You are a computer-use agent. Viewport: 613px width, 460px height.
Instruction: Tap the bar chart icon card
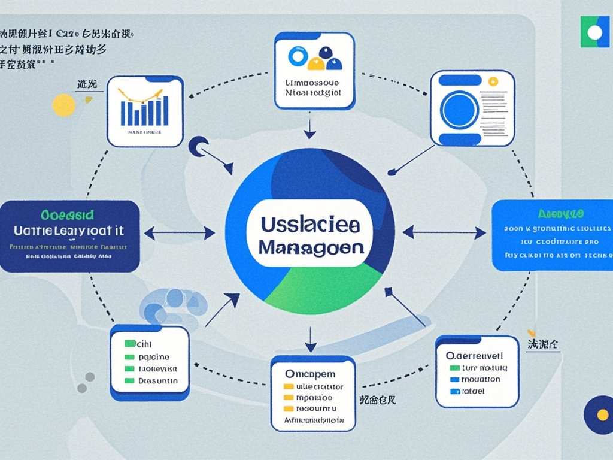pyautogui.click(x=145, y=111)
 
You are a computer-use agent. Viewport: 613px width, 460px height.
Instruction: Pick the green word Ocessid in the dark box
pyautogui.click(x=68, y=214)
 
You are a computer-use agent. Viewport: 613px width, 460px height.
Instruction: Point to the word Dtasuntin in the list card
pyautogui.click(x=158, y=380)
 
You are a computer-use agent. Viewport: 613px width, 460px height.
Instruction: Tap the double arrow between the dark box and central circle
pyautogui.click(x=180, y=233)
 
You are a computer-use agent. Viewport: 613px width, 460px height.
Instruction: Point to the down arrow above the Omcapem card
pyautogui.click(x=310, y=339)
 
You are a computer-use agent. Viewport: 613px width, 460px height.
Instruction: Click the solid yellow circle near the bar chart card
pyautogui.click(x=63, y=105)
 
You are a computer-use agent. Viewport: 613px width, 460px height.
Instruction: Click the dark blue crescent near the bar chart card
pyautogui.click(x=197, y=146)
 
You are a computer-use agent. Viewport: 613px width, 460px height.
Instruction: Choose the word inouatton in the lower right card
pyautogui.click(x=481, y=379)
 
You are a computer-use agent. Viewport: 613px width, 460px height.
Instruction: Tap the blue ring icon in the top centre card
pyautogui.click(x=297, y=56)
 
